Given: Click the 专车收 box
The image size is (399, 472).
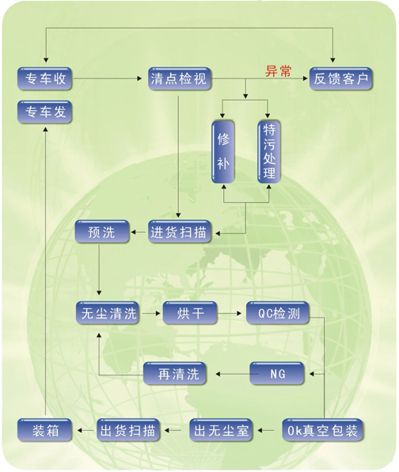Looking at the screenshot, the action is click(x=44, y=79).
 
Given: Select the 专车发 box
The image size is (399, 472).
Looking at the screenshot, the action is click(x=44, y=112).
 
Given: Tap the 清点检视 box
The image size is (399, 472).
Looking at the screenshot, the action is click(x=180, y=79).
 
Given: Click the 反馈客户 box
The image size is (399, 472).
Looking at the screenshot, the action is click(x=341, y=79).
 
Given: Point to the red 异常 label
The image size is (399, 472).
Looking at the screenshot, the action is click(x=279, y=71).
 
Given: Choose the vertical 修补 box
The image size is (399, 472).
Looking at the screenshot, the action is click(x=223, y=152).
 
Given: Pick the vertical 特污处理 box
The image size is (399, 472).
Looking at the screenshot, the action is click(x=269, y=152).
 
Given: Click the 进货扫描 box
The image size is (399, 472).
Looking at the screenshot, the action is click(x=180, y=232).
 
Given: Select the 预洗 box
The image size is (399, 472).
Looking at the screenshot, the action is click(x=102, y=232).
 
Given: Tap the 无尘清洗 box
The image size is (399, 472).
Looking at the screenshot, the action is click(x=108, y=313).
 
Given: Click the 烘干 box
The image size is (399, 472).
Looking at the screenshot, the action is click(x=190, y=313).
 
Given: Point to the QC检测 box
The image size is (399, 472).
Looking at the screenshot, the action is click(x=278, y=313).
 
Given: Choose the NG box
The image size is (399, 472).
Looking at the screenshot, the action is click(x=277, y=374).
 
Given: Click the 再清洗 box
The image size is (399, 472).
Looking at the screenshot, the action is click(x=175, y=374).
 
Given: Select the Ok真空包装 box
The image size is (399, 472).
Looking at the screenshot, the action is click(x=322, y=430).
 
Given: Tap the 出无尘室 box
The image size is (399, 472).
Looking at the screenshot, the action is click(x=221, y=430).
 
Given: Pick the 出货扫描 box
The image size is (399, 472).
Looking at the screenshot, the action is click(x=128, y=430).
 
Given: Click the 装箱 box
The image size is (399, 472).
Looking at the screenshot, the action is click(x=44, y=430).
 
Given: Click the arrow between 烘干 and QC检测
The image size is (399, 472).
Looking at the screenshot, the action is click(x=230, y=314).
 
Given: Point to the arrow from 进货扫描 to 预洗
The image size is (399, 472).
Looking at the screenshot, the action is click(x=139, y=232).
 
